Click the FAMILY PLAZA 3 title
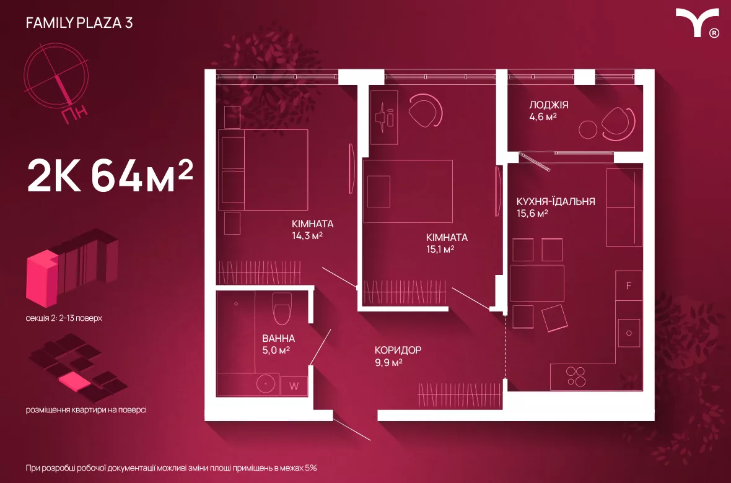coord(79,23)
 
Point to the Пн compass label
coord(74,114)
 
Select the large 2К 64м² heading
coord(110,176)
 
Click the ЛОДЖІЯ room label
coord(549,105)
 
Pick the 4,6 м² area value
coord(543,116)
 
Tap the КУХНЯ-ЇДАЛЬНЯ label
coord(556,201)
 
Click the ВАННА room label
coord(278,339)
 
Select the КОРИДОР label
coord(398,350)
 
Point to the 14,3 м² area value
coord(307,235)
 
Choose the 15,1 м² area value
coord(440,249)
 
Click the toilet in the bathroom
coord(282,308)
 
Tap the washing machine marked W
coord(294,386)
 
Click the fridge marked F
coord(628,285)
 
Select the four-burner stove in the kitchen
coord(576,376)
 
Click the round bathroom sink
coord(266,384)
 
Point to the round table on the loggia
coord(588,129)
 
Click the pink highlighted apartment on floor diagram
coord(74,381)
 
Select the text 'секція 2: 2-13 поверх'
coord(64,318)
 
